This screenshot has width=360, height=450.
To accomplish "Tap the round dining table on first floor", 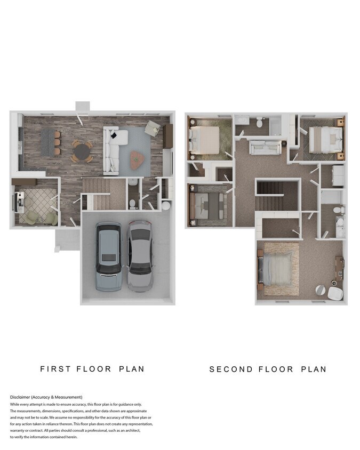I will tap(82, 151).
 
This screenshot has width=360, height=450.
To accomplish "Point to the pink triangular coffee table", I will tap(139, 158).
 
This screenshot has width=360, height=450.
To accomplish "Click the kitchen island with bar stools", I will tap(50, 141).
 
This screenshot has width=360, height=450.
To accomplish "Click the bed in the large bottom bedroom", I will tap(276, 270).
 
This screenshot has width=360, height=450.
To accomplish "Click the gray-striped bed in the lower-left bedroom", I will tap(207, 205).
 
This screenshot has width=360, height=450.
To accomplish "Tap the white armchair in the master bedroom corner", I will tap(334, 293).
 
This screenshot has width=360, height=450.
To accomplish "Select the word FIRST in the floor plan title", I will tap(55, 368).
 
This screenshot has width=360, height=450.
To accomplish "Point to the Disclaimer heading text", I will tap(46, 397).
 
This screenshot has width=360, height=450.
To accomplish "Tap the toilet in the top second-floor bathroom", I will tap(260, 122).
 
